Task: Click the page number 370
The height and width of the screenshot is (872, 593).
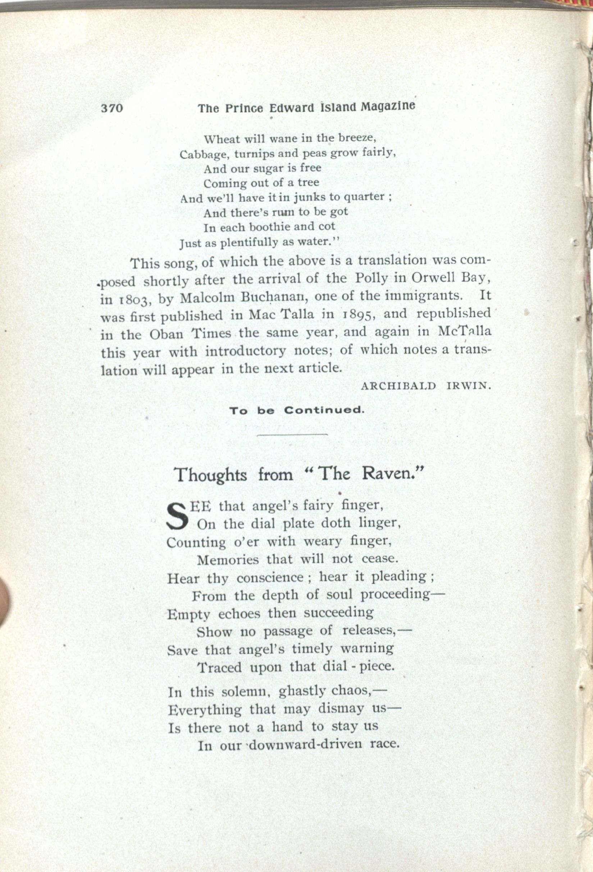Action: (x=112, y=108)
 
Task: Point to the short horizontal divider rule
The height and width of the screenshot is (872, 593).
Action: (x=293, y=435)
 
